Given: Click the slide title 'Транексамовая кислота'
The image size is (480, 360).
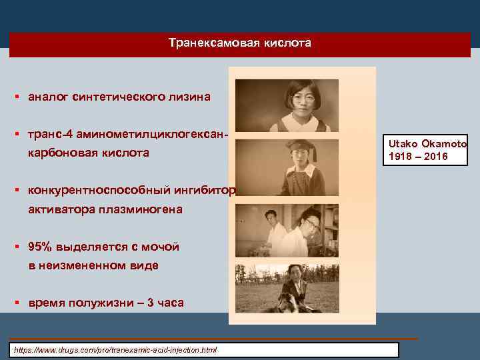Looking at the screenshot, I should click(239, 43).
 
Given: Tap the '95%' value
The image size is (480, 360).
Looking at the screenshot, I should click(39, 247).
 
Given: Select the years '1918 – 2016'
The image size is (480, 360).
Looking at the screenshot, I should click(415, 157).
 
